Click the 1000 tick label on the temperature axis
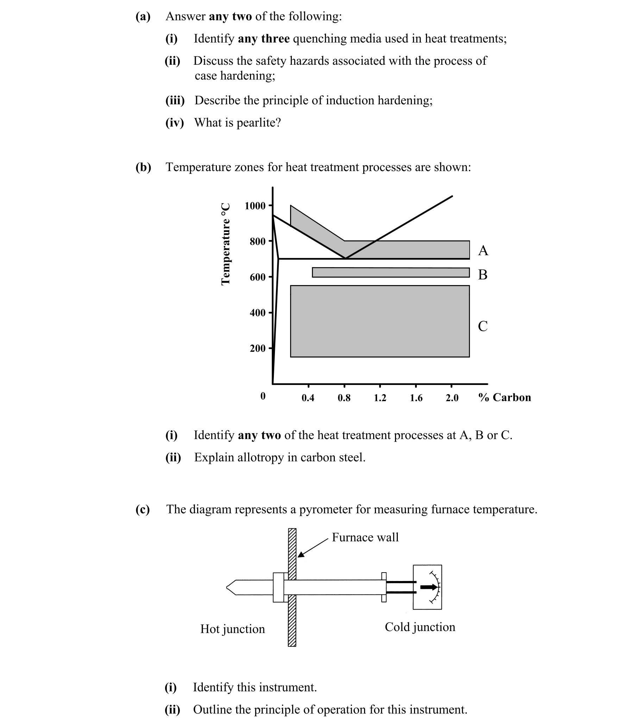255,206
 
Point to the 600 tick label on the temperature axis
257,277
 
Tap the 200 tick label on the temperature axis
257,348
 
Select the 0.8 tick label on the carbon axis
344,398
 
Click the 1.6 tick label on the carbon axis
416,398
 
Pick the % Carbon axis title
504,397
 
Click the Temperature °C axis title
225,244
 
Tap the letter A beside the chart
483,251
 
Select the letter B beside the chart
483,274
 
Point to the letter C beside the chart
483,326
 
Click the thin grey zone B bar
391,272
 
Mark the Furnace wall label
365,537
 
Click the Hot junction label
232,629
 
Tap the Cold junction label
420,627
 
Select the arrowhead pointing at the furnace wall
301,555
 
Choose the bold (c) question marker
143,509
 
